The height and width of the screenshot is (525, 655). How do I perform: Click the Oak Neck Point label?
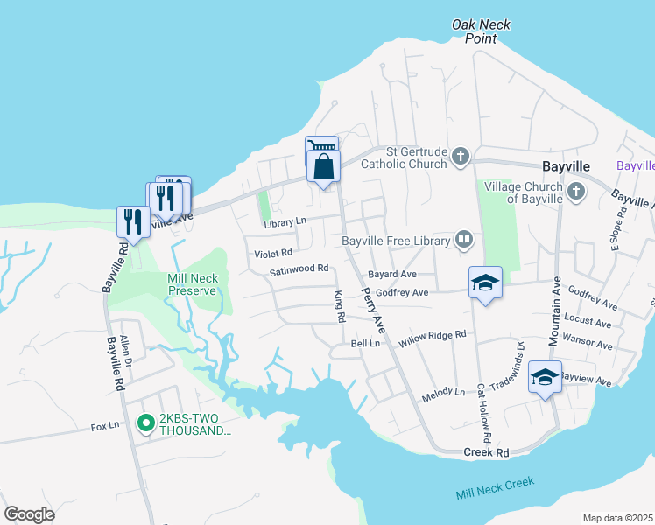481,31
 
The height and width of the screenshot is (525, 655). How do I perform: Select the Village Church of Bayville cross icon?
575,191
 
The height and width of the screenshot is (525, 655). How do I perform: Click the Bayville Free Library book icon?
463,240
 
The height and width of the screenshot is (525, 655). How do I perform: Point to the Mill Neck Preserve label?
192,283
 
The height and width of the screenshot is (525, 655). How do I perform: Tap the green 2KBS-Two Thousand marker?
146,424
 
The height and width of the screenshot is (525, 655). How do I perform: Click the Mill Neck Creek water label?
495,488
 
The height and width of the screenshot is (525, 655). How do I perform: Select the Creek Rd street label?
486,452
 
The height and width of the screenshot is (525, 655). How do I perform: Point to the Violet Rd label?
273,253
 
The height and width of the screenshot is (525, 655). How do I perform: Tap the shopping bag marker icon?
323,164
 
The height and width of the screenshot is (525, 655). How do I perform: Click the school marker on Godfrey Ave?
485,283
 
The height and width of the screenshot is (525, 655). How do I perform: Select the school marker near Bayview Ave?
545,377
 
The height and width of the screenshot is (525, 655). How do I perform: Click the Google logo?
29,514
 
